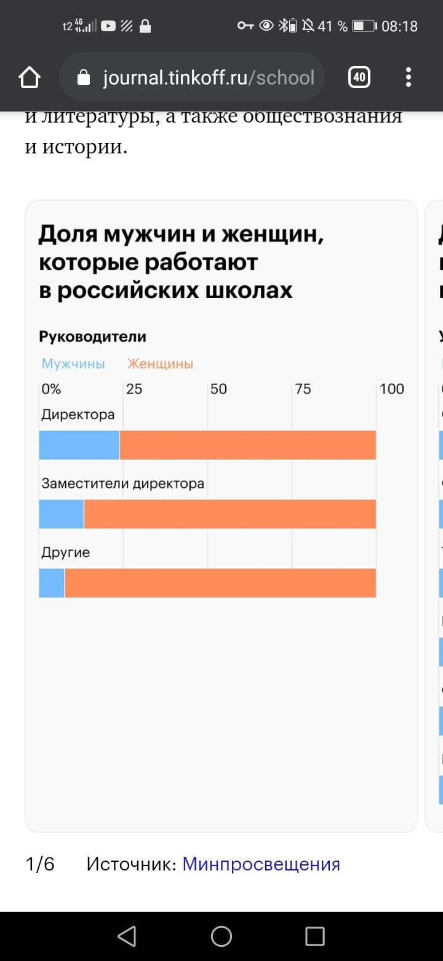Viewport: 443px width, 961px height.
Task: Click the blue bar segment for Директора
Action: coord(79,445)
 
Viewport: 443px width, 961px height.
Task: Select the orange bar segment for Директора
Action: coord(247,445)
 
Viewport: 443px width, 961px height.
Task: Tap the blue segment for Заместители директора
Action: coord(61,514)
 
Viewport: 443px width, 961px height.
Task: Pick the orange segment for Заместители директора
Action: coord(229,514)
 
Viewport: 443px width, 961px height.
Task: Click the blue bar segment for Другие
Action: coord(52,583)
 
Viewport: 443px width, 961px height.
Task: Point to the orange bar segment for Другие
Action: coord(220,583)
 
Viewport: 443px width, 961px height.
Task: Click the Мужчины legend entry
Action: coord(73,364)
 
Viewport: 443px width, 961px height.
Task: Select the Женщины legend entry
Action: coord(161,364)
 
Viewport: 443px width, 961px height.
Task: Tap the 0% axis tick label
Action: coord(51,389)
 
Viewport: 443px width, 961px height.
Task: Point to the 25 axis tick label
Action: coord(134,389)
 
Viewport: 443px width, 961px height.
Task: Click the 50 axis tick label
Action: coord(218,389)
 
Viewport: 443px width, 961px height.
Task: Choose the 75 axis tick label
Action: coord(303,389)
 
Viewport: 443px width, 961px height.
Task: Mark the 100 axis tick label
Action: coord(392,389)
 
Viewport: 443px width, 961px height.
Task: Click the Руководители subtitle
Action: coord(92,337)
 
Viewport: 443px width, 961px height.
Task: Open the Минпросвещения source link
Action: coord(261,864)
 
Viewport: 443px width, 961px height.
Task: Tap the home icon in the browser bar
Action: coord(29,78)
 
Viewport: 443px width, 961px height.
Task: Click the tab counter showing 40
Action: coord(359,78)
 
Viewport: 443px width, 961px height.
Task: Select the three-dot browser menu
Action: coord(408,78)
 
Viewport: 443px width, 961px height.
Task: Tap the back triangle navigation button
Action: coord(127,936)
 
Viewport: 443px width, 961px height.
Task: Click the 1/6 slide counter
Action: coord(40,864)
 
